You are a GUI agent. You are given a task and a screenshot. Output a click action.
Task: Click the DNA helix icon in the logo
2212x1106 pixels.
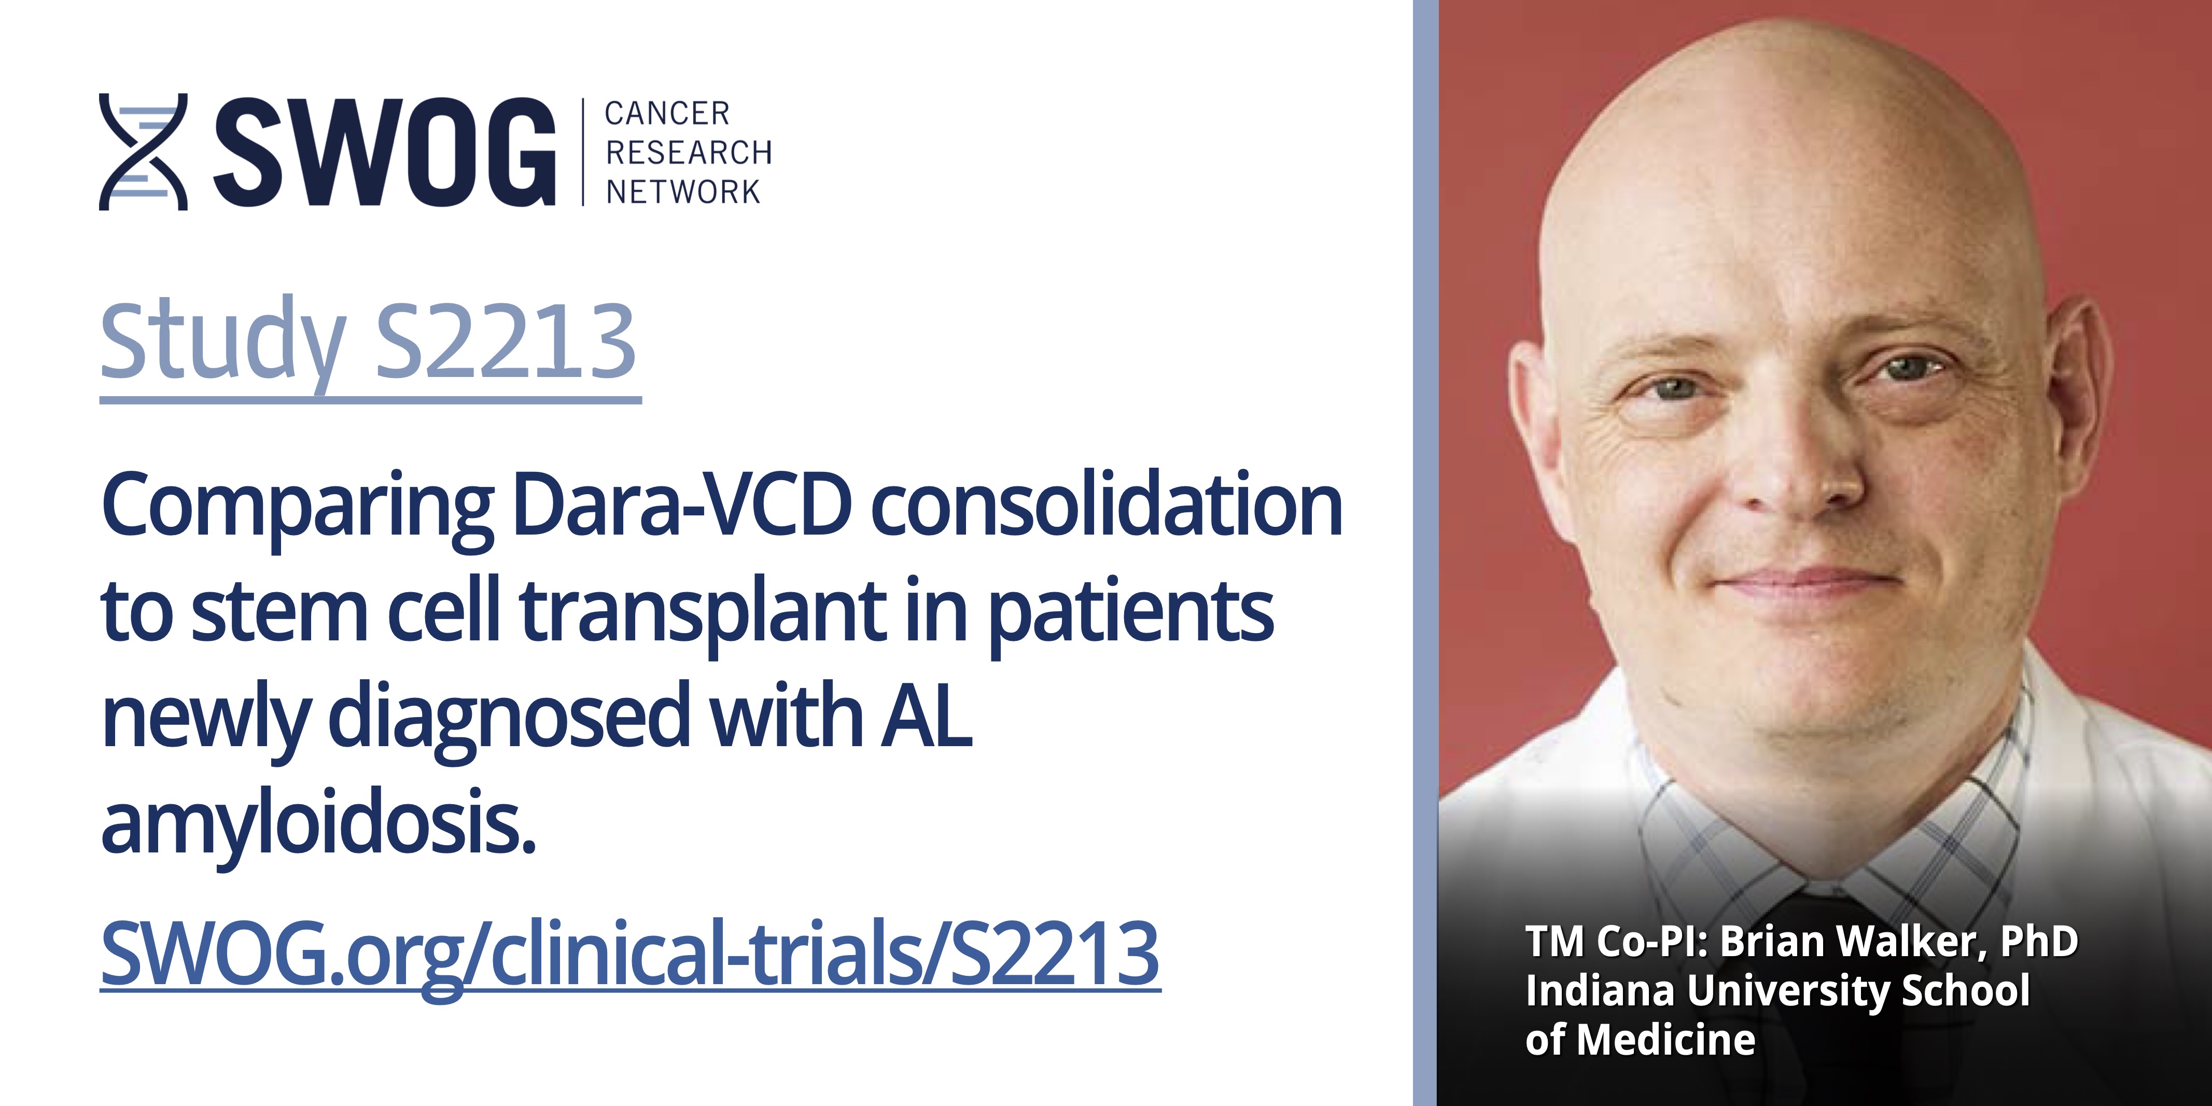(x=143, y=152)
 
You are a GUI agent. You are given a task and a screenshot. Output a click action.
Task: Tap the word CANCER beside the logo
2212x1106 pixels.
(x=667, y=114)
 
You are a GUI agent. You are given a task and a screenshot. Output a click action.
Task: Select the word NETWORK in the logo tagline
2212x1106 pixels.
(x=683, y=191)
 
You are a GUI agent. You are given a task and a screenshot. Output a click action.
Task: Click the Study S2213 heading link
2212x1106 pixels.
(x=369, y=343)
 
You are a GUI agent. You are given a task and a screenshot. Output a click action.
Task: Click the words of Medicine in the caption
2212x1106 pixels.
(x=1640, y=1040)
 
